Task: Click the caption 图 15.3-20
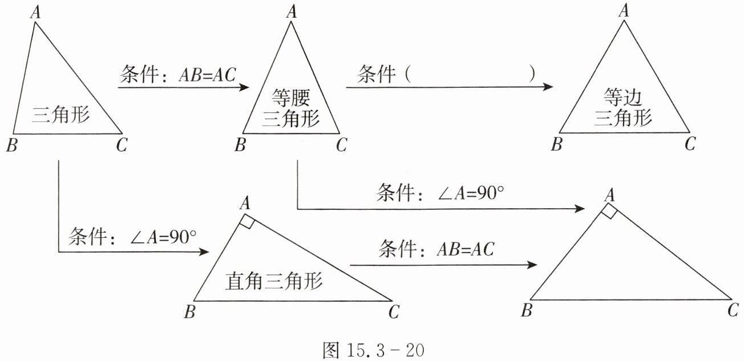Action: coord(373,349)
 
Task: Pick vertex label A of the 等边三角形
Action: coord(624,10)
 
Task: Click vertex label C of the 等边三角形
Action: coord(690,144)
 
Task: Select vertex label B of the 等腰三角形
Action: coord(240,145)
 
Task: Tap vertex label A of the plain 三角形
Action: coord(35,11)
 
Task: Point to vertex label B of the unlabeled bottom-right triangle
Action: coord(527,311)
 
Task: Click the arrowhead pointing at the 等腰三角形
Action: coord(245,87)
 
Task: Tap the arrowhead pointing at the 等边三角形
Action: coord(548,87)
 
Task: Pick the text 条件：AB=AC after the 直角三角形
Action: coord(436,249)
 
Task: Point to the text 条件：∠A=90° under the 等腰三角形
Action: coord(440,193)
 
